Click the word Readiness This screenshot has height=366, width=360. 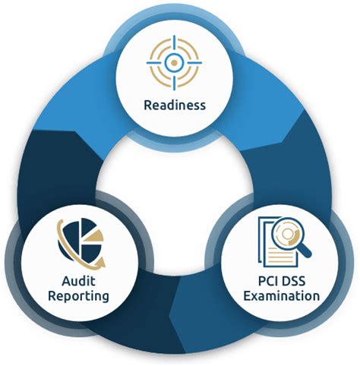(175, 105)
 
